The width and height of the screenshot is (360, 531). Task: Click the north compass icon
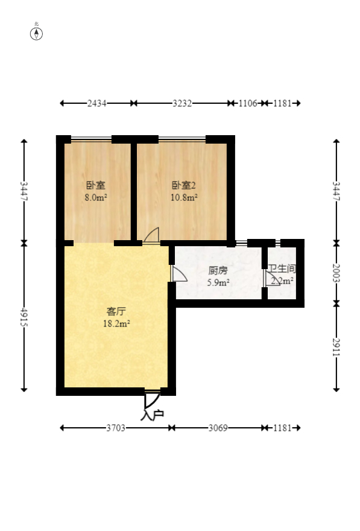[x=37, y=33]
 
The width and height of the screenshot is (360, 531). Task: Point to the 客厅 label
[x=116, y=311]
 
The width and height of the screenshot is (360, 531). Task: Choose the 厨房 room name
[x=218, y=270]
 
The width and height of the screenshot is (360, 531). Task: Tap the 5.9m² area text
[x=218, y=282]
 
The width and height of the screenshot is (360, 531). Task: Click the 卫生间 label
[x=282, y=269]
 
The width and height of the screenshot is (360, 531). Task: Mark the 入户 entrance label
[x=152, y=415]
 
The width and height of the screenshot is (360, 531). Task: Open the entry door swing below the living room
[x=151, y=399]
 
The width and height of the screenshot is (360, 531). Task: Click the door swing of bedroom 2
[x=151, y=236]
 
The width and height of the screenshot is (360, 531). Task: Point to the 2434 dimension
[x=97, y=103]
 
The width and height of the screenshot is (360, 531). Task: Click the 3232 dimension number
[x=182, y=103]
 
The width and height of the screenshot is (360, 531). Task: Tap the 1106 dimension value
[x=248, y=103]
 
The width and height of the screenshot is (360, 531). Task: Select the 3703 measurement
[x=116, y=428]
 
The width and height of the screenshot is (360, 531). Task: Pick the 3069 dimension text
[x=218, y=428]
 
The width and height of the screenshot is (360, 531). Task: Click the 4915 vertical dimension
[x=24, y=317]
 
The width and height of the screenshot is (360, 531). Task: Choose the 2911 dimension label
[x=336, y=346]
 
